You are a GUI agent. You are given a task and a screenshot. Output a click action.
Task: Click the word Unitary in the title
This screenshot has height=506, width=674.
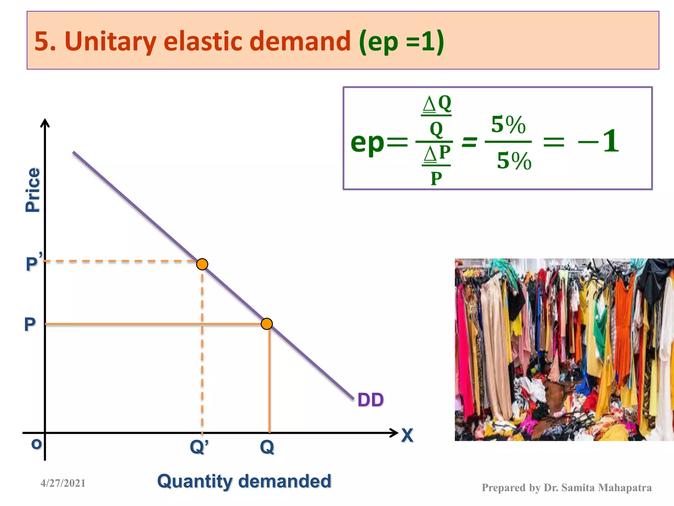110,42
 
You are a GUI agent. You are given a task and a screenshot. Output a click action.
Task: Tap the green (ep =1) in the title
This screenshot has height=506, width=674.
402,42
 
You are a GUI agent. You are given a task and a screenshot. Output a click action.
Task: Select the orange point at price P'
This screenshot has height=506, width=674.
202,264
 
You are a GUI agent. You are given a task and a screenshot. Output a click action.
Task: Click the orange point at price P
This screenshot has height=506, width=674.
267,324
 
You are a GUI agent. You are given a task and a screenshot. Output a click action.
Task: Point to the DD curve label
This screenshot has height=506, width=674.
370,400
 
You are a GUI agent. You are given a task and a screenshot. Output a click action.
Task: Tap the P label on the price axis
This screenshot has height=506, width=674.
30,324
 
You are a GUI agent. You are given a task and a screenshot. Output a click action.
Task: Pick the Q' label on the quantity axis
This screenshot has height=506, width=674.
199,447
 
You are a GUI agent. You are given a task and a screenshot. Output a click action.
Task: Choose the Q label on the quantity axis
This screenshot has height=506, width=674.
267,447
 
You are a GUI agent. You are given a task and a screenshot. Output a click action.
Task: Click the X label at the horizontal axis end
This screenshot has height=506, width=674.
407,436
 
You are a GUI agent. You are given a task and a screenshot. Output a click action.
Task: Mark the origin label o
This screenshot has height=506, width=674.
36,444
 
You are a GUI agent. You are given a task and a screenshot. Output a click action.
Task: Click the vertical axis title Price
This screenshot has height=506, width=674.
33,190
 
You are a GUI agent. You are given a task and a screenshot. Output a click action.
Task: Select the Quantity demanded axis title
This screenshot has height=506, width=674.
244,481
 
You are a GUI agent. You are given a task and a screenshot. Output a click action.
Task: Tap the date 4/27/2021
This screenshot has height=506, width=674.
63,483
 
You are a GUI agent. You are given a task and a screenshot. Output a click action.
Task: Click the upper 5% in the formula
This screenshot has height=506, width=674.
508,125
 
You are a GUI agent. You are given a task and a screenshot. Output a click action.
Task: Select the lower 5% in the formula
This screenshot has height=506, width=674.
514,161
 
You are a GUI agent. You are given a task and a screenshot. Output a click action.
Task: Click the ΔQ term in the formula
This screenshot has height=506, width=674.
437,104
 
